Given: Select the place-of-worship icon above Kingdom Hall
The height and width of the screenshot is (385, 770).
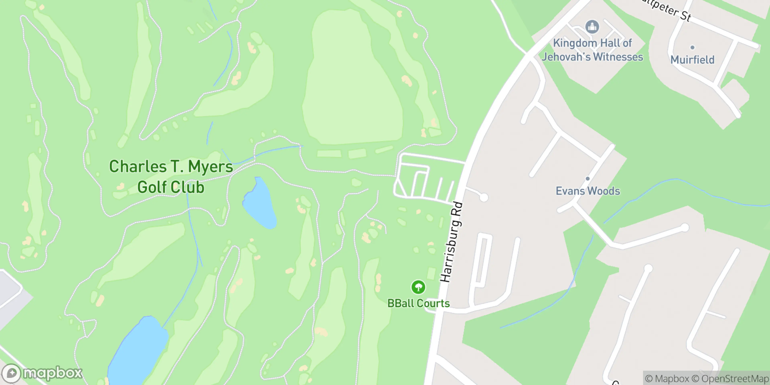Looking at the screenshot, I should click(592, 27).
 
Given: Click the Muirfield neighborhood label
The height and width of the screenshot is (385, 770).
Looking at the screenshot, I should click(692, 60).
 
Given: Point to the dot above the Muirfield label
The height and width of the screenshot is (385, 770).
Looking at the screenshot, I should click(692, 47).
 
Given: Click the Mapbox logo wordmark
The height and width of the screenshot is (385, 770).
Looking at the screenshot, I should click(52, 373).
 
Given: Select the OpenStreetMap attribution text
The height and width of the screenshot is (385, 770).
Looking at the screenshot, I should click(731, 379).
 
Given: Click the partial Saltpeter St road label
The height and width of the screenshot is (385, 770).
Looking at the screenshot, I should click(670, 9).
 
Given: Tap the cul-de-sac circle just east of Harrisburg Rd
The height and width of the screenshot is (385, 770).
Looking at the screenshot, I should click(484, 197).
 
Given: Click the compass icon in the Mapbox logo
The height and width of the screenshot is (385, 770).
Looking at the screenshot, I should click(12, 373).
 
